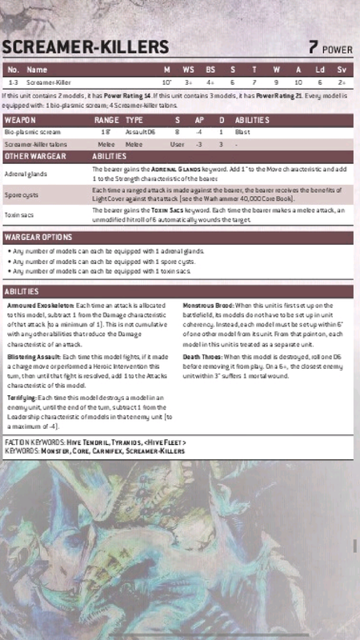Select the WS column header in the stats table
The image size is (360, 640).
click(x=189, y=70)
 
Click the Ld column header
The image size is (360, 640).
click(x=319, y=70)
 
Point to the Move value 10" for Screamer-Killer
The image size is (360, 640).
click(x=167, y=82)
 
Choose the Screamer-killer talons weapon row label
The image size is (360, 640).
click(x=34, y=144)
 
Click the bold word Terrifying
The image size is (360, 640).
click(x=22, y=397)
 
